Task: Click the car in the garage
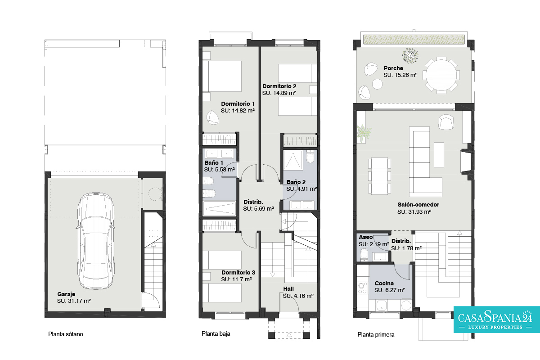click(95, 241)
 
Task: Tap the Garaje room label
click(66, 294)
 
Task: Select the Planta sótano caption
click(66, 334)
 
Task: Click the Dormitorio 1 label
click(238, 104)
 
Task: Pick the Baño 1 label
click(214, 163)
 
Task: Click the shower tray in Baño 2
click(293, 160)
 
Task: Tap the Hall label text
click(288, 289)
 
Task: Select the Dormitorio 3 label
click(238, 272)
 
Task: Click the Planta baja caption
click(216, 334)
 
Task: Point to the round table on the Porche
click(441, 75)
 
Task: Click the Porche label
click(393, 68)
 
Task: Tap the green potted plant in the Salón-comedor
click(363, 133)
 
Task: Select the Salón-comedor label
click(418, 205)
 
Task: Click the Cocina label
click(384, 283)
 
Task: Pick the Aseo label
click(365, 237)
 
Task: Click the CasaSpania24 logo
click(497, 319)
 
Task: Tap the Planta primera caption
click(376, 335)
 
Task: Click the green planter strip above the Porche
click(414, 40)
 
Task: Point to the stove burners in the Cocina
click(362, 288)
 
